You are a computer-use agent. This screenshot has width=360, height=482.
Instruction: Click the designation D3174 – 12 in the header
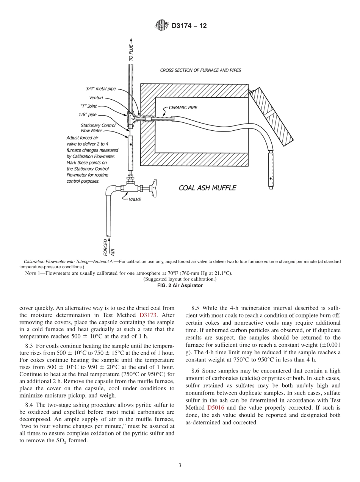click(x=189, y=26)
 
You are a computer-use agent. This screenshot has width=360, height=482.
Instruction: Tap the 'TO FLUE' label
click(x=131, y=53)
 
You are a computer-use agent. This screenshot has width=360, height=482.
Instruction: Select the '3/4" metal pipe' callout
click(x=100, y=89)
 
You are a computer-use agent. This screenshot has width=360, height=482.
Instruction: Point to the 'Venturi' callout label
click(x=96, y=98)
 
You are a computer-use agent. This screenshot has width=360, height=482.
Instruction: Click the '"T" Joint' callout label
click(x=89, y=106)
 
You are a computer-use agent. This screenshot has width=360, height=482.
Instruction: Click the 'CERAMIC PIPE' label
click(x=183, y=108)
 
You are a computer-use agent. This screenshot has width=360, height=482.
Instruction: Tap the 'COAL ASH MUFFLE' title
click(x=207, y=188)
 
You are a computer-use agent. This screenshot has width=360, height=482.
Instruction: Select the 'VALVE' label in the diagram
click(x=135, y=199)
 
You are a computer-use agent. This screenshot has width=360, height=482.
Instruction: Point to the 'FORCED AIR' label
click(x=108, y=246)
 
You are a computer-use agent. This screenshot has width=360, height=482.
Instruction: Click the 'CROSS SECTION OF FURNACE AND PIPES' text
click(x=200, y=70)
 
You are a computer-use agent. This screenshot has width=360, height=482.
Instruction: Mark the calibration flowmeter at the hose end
click(x=271, y=169)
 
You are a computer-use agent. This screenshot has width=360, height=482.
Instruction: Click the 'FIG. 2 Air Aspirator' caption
click(x=180, y=285)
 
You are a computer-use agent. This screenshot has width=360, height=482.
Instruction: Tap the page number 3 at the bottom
click(x=180, y=465)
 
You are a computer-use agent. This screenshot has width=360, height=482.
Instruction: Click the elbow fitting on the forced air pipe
click(x=110, y=189)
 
